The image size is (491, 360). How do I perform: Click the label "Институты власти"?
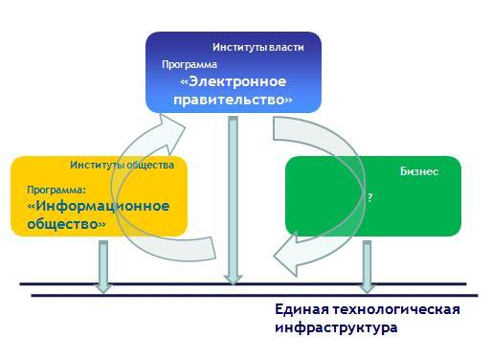pyautogui.click(x=258, y=48)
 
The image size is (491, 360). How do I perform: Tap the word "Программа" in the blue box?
pyautogui.click(x=190, y=65)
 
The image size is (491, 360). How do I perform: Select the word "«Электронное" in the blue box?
pyautogui.click(x=234, y=81)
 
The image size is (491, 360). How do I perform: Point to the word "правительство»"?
pyautogui.click(x=233, y=100)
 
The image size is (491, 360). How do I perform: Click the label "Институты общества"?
pyautogui.click(x=123, y=165)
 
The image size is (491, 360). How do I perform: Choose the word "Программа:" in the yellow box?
pyautogui.click(x=56, y=190)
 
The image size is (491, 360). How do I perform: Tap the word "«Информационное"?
pyautogui.click(x=99, y=206)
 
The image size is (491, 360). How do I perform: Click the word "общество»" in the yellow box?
pyautogui.click(x=66, y=224)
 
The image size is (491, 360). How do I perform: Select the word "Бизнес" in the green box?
pyautogui.click(x=419, y=171)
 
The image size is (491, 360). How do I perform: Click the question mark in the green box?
pyautogui.click(x=369, y=197)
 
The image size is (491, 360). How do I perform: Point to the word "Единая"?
pyautogui.click(x=301, y=309)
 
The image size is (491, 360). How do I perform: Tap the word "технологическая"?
pyautogui.click(x=396, y=309)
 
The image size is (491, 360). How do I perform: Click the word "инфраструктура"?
pyautogui.click(x=336, y=327)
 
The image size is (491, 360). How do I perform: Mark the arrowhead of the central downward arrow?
pyautogui.click(x=234, y=280)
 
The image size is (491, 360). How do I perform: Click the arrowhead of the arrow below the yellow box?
pyautogui.click(x=103, y=287)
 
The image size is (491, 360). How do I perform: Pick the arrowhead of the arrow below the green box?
pyautogui.click(x=368, y=287)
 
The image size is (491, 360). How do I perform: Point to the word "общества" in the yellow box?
pyautogui.click(x=150, y=165)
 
